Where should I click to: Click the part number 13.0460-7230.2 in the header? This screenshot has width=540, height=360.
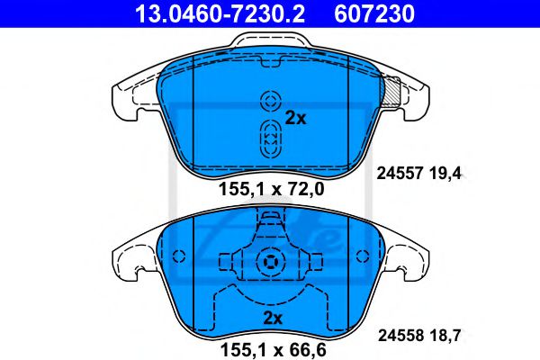click(220, 13)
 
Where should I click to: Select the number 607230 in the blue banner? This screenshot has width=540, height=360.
click(374, 13)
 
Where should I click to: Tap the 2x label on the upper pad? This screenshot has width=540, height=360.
click(295, 118)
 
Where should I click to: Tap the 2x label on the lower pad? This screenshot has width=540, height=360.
click(273, 318)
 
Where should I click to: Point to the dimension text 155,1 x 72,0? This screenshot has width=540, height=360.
click(272, 189)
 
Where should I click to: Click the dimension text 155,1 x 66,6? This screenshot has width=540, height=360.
click(273, 350)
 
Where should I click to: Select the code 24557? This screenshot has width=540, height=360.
click(400, 174)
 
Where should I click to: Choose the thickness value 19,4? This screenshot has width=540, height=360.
click(445, 174)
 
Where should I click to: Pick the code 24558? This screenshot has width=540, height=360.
click(400, 335)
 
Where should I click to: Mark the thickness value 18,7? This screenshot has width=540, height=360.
click(445, 336)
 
